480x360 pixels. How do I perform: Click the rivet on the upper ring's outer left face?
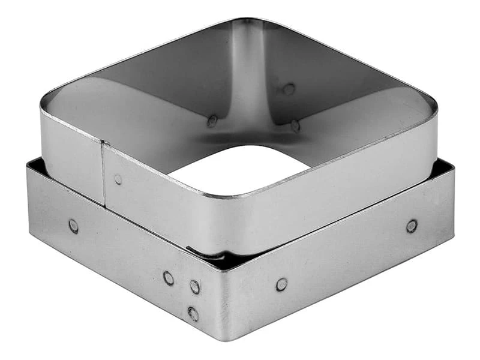point(118,179)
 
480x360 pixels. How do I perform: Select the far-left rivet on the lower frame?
point(73,226)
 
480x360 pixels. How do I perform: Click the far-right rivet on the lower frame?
point(412,226)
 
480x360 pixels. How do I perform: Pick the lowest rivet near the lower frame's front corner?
point(193,313)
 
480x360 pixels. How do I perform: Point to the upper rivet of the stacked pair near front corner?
point(195,287)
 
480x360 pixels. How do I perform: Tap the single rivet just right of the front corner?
point(281,284)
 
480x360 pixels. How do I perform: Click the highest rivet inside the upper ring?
point(289,89)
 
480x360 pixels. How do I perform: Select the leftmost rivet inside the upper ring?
point(212,121)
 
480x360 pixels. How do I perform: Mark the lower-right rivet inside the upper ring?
point(295,126)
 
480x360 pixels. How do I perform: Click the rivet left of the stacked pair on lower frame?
point(169,278)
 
